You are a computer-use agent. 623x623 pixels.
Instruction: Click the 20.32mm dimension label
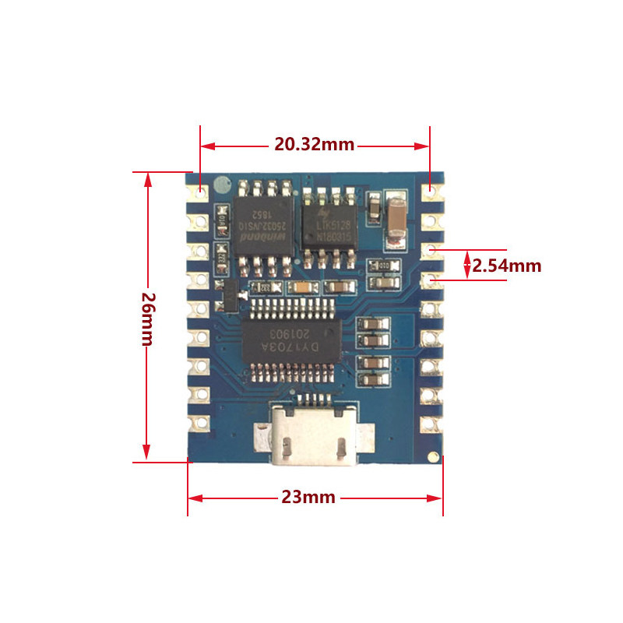coord(314,145)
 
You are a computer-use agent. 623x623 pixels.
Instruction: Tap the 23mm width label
coord(308,497)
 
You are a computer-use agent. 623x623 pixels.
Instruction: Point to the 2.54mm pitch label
coord(507,266)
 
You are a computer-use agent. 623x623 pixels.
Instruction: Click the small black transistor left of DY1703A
coord(231,295)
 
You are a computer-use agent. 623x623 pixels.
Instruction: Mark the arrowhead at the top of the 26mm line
coord(146,178)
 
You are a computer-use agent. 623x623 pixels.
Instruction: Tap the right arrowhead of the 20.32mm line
coord(425,145)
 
